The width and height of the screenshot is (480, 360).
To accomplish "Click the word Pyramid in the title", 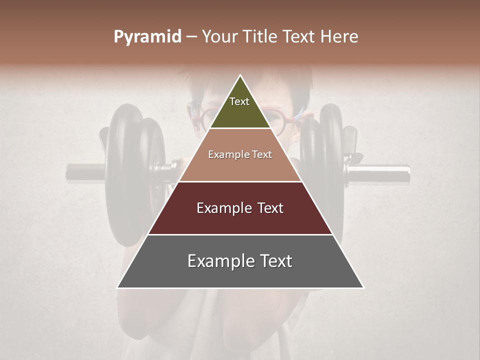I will coord(147,37).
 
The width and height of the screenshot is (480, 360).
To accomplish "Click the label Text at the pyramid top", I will coord(239,101).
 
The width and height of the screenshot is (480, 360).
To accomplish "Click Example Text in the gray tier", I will coord(240,261).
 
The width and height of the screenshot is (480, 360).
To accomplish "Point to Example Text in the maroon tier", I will coord(240,208).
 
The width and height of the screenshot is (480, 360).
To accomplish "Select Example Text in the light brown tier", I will coord(240,155).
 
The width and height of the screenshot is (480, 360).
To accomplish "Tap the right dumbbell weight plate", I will coord(325,160).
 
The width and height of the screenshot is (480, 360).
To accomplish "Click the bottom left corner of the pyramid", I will coord(118,287).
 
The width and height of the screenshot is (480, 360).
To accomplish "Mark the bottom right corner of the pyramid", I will coord(363,287).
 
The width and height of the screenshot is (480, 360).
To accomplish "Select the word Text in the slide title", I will coord(299,36).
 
